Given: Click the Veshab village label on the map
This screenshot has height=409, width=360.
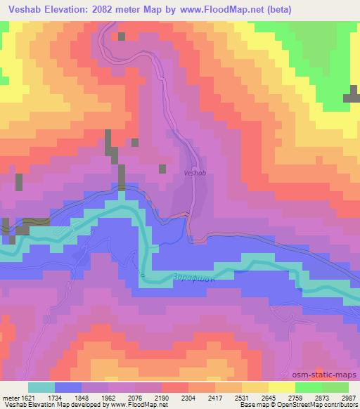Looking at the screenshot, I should point(194,171).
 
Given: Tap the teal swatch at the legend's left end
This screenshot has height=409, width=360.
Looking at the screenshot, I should point(41,387).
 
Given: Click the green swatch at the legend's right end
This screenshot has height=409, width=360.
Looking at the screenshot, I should point(335,387).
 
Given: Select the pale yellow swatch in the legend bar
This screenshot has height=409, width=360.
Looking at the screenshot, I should point(281,387).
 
